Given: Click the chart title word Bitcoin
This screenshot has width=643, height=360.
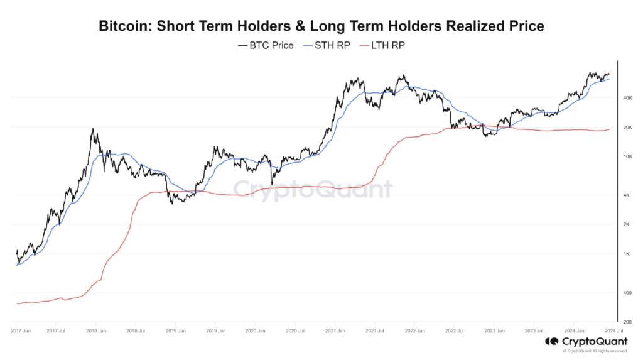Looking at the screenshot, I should coord(124,26).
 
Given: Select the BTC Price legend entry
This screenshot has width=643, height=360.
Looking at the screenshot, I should coord(266,45).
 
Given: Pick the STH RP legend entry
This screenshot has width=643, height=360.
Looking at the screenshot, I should coord(330,45).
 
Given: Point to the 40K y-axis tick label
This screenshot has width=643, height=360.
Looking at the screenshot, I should coord(627,99).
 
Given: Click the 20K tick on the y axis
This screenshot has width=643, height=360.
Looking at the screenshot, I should coord(627,128).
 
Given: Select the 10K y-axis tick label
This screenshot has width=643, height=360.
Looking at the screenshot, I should coord(627,156).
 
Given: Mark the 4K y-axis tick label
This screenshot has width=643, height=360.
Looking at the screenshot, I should coord(627,196).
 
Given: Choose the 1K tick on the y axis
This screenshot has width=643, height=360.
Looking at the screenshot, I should coord(627,254).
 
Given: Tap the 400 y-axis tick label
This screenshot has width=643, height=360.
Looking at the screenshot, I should coord(627,293).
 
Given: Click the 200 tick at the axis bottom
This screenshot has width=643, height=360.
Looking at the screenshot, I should coord(627,322).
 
